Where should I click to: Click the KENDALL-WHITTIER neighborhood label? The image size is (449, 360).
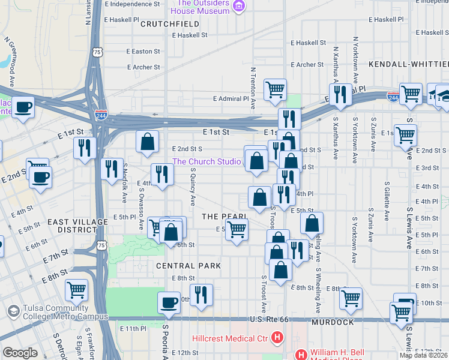(x=408, y=64)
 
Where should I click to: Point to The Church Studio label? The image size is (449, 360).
(x=207, y=161)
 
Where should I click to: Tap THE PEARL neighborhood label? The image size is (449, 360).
(x=224, y=216)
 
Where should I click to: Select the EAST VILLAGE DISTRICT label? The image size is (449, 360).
(x=78, y=226)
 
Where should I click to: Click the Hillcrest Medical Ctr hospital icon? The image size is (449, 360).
(x=277, y=338)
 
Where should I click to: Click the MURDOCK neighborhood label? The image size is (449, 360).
(x=333, y=322)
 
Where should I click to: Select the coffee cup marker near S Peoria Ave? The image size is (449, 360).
(x=169, y=302)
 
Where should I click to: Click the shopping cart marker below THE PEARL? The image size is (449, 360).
(x=237, y=229)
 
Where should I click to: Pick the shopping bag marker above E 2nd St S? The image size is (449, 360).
(x=147, y=142)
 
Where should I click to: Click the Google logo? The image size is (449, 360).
(x=20, y=353)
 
